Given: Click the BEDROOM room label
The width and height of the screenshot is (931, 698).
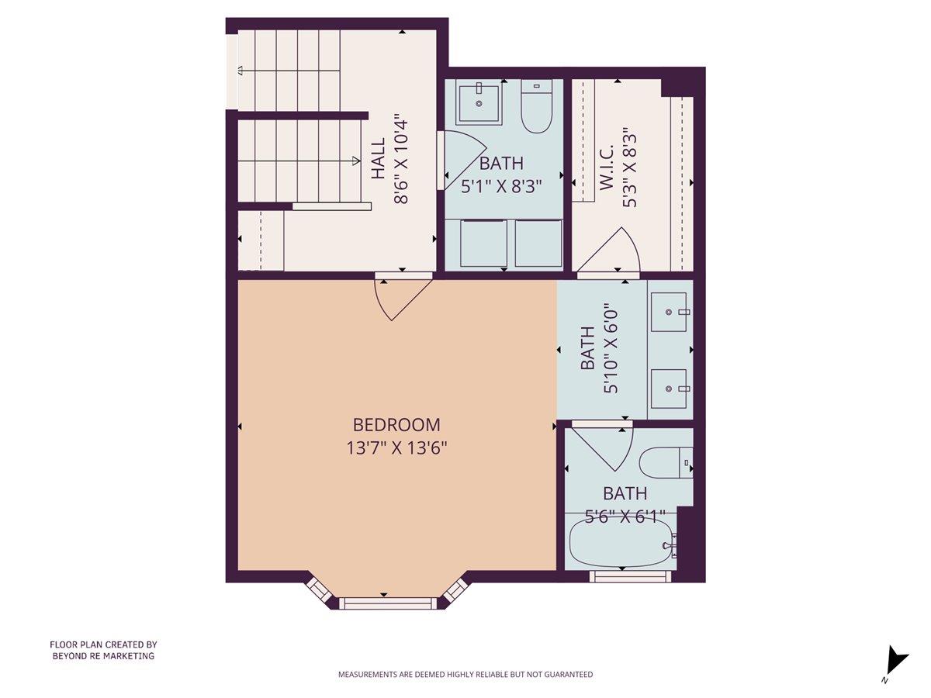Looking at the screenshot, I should pyautogui.click(x=396, y=425).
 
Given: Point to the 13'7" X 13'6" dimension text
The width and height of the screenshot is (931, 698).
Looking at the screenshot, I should pyautogui.click(x=396, y=448).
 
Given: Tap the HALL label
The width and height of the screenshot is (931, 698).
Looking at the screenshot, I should pyautogui.click(x=378, y=160).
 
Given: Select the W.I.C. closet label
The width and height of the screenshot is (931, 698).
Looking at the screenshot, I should pyautogui.click(x=607, y=167).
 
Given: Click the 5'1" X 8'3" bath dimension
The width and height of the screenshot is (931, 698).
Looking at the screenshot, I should pyautogui.click(x=501, y=186).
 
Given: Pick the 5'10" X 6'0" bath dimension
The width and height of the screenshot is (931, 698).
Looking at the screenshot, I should pyautogui.click(x=611, y=349).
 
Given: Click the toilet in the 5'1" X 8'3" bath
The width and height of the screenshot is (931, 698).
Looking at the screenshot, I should pyautogui.click(x=535, y=106).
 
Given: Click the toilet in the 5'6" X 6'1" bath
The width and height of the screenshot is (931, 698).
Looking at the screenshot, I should pyautogui.click(x=663, y=463).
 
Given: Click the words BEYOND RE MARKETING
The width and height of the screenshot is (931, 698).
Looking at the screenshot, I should pyautogui.click(x=103, y=656).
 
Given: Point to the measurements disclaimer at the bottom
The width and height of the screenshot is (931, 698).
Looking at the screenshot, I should pyautogui.click(x=465, y=675).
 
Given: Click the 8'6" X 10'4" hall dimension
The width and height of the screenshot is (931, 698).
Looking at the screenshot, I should pyautogui.click(x=401, y=160).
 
